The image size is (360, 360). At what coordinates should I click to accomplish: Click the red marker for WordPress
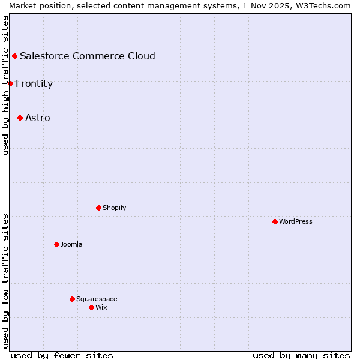coord(275,221)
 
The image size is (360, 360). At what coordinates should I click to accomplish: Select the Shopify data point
coord(98,208)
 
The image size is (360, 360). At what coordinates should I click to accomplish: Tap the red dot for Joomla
coord(56,244)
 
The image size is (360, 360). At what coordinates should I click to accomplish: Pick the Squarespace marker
coord(72,299)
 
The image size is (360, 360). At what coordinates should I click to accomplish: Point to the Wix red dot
coord(91,307)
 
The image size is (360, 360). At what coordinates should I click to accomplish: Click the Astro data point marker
coord(20,118)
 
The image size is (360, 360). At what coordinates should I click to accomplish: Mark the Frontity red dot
coord(10,83)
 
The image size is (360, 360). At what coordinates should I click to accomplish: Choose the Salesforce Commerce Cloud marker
coord(14,56)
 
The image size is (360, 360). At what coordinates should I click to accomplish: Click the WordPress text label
coord(296,221)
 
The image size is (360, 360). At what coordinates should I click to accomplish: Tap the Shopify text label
coord(115,208)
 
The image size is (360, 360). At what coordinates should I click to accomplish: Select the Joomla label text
coord(71,244)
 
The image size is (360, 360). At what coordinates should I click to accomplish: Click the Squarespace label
coord(97,299)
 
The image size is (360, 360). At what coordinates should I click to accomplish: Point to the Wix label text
coord(101,307)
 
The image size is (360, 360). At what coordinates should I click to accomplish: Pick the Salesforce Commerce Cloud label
coord(88,56)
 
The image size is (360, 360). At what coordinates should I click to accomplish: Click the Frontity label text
coord(34,83)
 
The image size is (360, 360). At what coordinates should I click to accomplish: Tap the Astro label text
coord(38,118)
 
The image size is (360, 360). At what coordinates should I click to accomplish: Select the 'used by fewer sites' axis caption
coord(62,355)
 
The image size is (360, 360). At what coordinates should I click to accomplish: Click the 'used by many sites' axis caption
coord(301,355)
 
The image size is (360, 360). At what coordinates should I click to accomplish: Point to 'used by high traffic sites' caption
coord(5,85)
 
